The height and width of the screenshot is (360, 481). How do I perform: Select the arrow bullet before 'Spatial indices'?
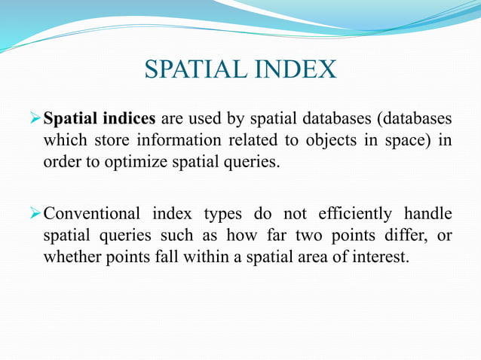click(35, 120)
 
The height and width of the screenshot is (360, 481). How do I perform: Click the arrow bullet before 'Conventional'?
click(35, 215)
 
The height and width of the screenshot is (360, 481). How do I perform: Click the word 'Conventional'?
click(93, 215)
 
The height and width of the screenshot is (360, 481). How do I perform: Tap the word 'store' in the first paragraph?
click(111, 141)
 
